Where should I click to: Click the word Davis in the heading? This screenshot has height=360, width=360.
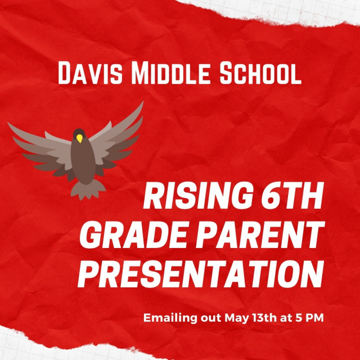(90, 73)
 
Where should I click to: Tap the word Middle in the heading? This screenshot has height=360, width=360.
(170, 73)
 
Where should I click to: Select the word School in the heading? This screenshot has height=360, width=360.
(260, 73)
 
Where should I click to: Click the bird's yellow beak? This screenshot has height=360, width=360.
(79, 138)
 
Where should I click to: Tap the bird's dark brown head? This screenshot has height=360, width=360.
(79, 134)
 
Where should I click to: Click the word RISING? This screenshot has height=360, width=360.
(197, 196)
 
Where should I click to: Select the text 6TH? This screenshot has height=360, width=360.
(292, 196)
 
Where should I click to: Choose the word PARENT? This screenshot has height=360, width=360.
(260, 235)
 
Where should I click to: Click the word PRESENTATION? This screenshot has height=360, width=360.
(201, 274)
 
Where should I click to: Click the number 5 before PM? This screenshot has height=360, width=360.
(298, 318)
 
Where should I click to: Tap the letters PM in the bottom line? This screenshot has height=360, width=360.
(314, 318)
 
